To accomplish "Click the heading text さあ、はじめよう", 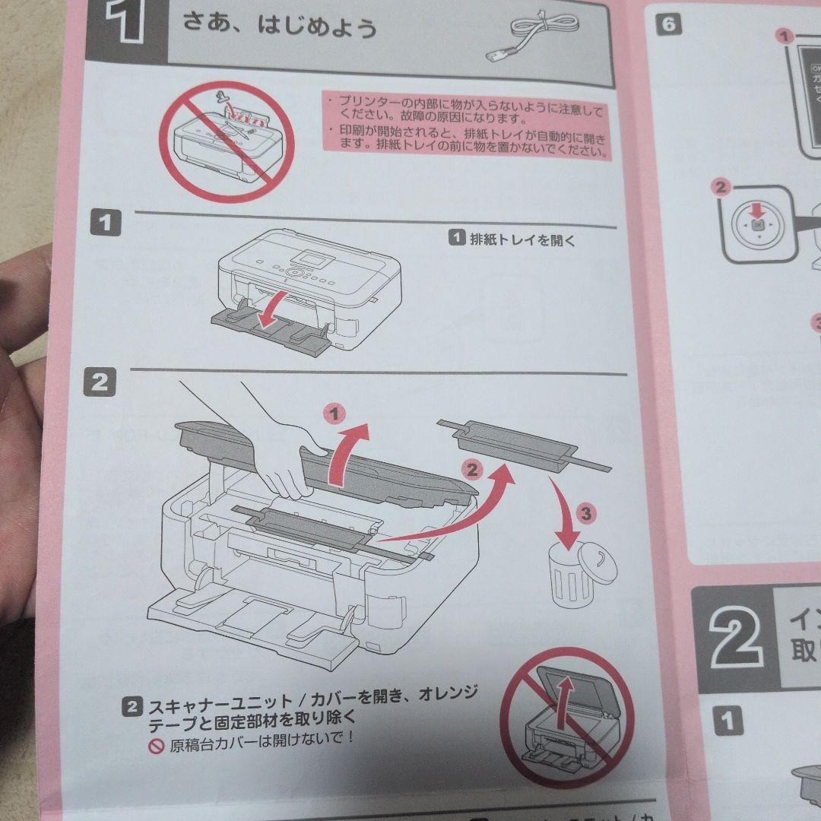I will [x=280, y=27].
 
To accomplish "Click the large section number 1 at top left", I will [x=125, y=23].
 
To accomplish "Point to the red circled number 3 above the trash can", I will [x=585, y=513].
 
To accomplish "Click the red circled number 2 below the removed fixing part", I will [x=473, y=469].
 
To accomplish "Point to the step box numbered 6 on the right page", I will [x=667, y=24].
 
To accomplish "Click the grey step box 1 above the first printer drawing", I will [x=106, y=223].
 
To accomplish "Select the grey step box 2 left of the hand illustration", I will [x=100, y=382].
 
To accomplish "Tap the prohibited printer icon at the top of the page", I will [x=227, y=141].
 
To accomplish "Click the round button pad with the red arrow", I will [x=756, y=225].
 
